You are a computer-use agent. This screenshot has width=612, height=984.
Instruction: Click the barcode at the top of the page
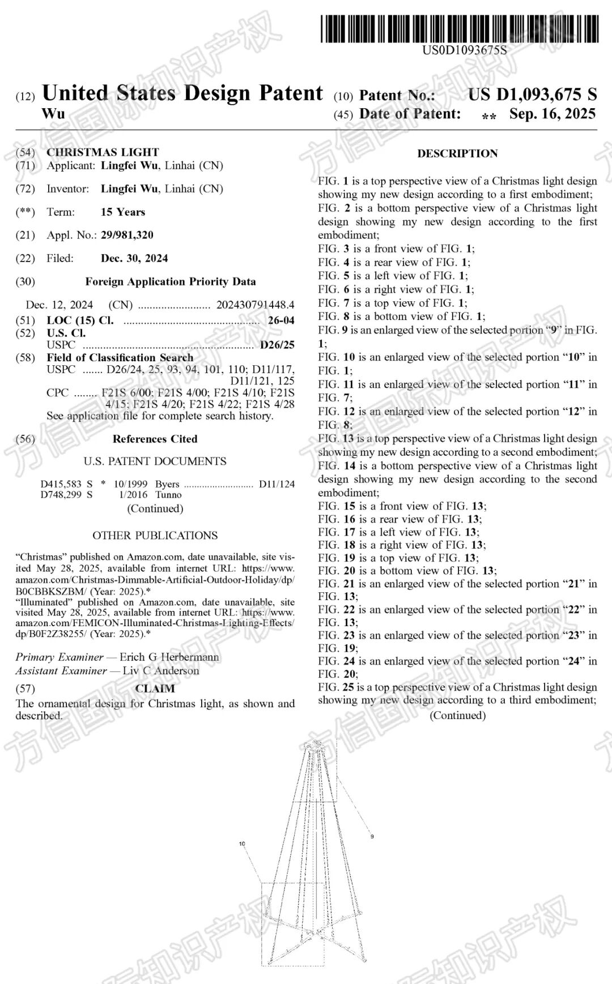(x=459, y=29)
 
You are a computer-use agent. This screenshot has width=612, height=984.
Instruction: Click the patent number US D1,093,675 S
(x=532, y=95)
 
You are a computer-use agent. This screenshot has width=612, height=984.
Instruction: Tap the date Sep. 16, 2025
(x=552, y=114)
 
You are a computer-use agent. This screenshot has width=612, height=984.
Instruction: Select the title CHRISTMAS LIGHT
(x=103, y=152)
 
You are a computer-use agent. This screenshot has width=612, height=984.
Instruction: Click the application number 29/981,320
(x=127, y=235)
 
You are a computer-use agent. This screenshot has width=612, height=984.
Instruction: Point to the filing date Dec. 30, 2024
(x=134, y=258)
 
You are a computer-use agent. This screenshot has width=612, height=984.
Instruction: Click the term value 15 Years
(x=123, y=212)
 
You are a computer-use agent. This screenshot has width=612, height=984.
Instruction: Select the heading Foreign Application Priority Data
(x=171, y=281)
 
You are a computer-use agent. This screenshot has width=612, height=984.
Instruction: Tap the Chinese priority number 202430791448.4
(x=255, y=305)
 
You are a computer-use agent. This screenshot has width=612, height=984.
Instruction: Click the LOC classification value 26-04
(x=281, y=320)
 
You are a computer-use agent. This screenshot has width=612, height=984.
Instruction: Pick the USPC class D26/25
(x=277, y=345)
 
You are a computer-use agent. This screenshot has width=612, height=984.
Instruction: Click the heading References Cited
(x=155, y=439)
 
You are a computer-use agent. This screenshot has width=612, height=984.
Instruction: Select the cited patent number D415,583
(x=61, y=484)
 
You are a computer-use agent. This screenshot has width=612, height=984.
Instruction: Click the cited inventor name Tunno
(x=168, y=495)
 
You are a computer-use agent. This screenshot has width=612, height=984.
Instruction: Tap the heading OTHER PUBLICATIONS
(x=155, y=536)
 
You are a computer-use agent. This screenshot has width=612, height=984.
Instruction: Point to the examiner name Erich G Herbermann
(x=169, y=657)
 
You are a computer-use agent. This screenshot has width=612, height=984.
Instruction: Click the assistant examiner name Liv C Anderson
(x=161, y=671)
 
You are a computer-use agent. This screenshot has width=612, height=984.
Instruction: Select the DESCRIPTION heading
(x=457, y=153)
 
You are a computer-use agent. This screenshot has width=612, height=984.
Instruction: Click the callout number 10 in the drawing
(x=242, y=844)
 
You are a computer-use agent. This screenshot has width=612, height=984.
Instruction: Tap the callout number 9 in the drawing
(x=372, y=836)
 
